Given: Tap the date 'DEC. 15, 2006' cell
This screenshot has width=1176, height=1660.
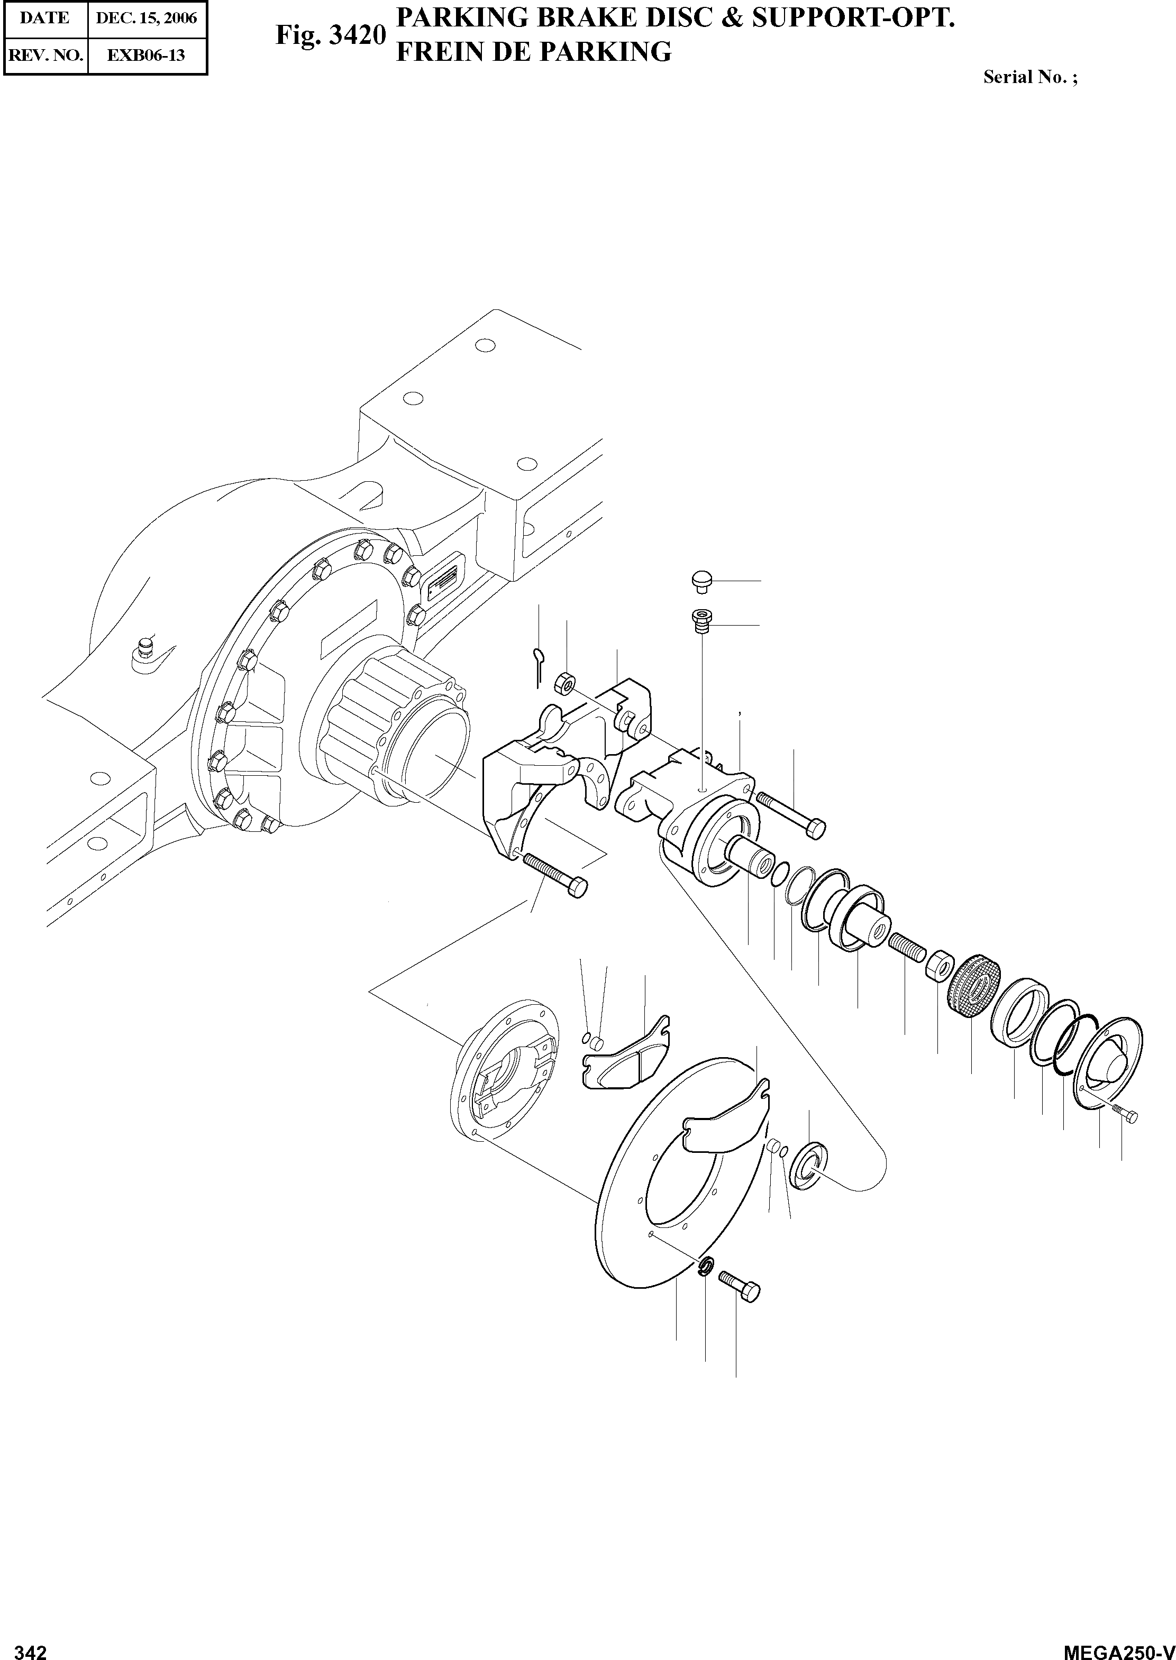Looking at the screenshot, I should click(x=147, y=18).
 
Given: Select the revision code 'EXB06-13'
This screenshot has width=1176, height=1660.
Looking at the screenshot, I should click(x=147, y=55).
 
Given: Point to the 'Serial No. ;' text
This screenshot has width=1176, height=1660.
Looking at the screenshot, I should click(x=1029, y=77).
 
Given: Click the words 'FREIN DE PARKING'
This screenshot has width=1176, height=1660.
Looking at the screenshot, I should click(x=534, y=52).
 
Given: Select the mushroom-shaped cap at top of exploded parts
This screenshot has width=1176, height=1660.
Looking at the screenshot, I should click(x=701, y=579).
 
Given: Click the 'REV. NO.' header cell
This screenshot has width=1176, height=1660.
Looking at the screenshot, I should click(x=45, y=55).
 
